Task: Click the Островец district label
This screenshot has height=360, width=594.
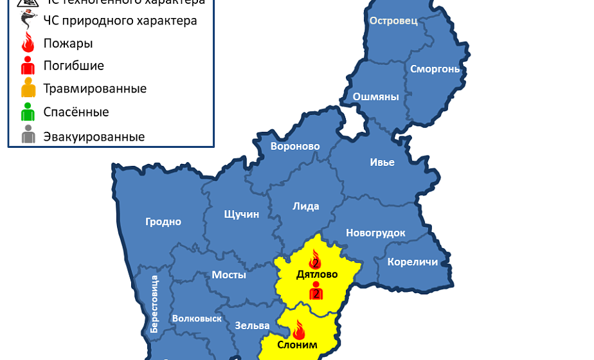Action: pyautogui.click(x=393, y=21)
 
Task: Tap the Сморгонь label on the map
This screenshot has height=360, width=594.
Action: pyautogui.click(x=435, y=68)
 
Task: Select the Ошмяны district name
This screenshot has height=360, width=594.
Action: pyautogui.click(x=376, y=97)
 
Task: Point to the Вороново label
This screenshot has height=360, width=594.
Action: pyautogui.click(x=295, y=147)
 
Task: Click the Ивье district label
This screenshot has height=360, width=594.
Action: pyautogui.click(x=382, y=162)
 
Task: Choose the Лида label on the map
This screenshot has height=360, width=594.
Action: pyautogui.click(x=305, y=206)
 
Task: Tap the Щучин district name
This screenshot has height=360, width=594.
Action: pyautogui.click(x=241, y=214)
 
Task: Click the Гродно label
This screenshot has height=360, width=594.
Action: pyautogui.click(x=163, y=222)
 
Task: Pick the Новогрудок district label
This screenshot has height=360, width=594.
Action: pyautogui.click(x=375, y=233)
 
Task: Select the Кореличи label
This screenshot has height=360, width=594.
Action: pyautogui.click(x=413, y=262)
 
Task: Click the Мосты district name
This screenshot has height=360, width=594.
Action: pyautogui.click(x=229, y=274)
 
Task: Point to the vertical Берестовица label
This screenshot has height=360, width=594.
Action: pyautogui.click(x=154, y=303)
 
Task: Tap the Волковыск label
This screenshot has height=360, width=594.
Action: pyautogui.click(x=197, y=318)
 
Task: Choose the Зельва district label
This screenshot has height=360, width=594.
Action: pyautogui.click(x=248, y=325)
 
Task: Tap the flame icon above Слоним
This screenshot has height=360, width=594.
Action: pyautogui.click(x=298, y=330)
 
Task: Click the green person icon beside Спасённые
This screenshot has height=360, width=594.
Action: pyautogui.click(x=28, y=113)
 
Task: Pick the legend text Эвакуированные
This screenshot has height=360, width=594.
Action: pyautogui.click(x=94, y=136)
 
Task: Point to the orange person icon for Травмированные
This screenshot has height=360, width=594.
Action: pyautogui.click(x=28, y=88)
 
